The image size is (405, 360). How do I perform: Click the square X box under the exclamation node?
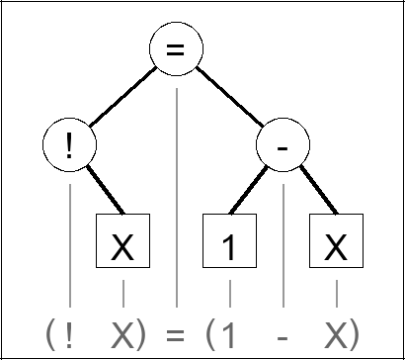pos(122,243)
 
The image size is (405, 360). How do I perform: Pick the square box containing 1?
pos(229,243)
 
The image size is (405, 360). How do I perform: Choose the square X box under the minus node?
pos(336,243)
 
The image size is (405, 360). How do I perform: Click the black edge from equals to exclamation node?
pos(122,98)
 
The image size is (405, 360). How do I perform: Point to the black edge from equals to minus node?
pos(229,98)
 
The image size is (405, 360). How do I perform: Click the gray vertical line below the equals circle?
pos(176,198)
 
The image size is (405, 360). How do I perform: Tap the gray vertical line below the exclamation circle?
pos(69,237)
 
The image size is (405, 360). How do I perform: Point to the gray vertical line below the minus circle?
pos(283,237)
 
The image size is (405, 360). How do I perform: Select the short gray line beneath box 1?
pos(229,293)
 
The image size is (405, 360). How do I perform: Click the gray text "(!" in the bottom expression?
pos(59,332)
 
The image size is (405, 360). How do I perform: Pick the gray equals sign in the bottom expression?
pos(176,332)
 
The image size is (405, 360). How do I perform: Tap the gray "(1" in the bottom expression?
pos(220,332)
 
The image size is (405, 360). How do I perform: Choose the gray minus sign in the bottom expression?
pos(283,333)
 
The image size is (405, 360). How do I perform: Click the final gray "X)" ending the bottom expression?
pos(342,332)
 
